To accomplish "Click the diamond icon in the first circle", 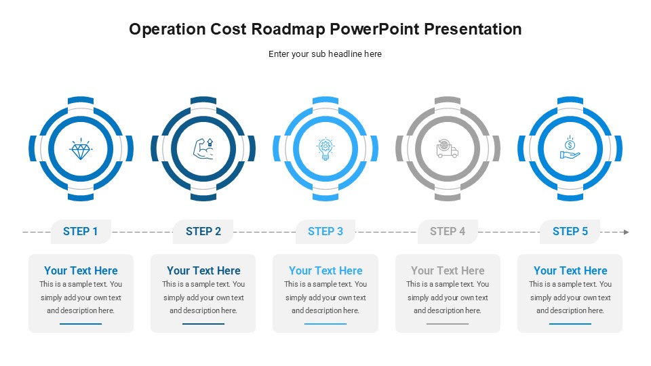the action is pos(81,149).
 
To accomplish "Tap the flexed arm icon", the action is pos(203,148).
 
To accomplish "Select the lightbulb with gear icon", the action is pos(325,149).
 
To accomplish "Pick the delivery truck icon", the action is pos(447,148).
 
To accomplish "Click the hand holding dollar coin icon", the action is pos(570,148).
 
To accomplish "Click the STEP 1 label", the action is pos(81,232).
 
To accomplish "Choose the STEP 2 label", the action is pos(203,232).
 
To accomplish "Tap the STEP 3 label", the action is pos(325,232).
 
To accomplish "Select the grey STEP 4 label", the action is pos(448,232).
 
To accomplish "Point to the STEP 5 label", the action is pos(570,232).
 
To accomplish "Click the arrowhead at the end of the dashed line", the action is pos(627,232).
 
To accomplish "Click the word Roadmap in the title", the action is pos(289,29).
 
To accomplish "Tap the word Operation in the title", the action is pos(167,29).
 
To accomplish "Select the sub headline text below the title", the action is pos(325,54).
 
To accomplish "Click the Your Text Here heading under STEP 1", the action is pos(81,270).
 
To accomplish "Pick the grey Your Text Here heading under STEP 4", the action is pos(448,270).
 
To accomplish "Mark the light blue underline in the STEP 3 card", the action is pos(325,324).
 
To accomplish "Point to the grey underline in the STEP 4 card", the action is pos(448,324).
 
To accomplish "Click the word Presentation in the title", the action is pos(473,29).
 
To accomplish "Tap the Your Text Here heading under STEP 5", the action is pos(570,270).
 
